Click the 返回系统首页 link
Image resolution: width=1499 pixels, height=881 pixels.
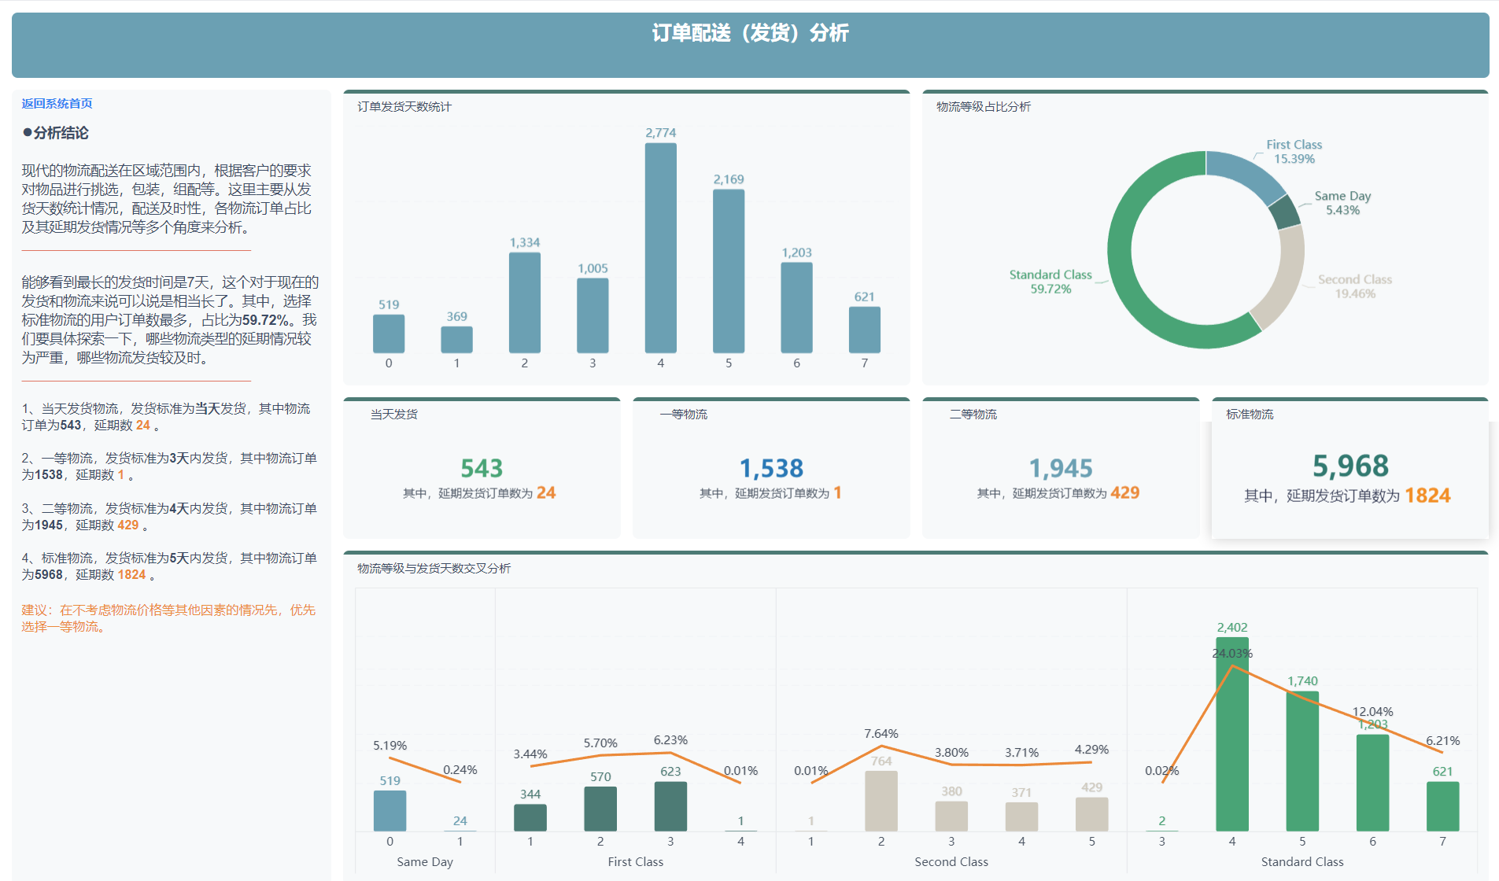pos(57,104)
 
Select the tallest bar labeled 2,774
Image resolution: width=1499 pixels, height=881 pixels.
pos(660,248)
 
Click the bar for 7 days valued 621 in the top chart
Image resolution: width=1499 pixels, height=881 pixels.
pos(864,330)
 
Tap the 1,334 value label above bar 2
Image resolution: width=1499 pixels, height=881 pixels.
pos(524,242)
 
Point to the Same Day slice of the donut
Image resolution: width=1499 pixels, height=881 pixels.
pos(1284,211)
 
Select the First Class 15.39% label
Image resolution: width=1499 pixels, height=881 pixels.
pos(1294,152)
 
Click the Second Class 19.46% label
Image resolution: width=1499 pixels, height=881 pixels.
pos(1354,286)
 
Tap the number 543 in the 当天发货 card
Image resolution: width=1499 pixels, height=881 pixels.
pos(482,468)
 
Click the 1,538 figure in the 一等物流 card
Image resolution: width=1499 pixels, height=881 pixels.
pos(771,468)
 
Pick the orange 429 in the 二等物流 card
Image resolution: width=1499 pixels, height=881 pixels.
pos(1124,492)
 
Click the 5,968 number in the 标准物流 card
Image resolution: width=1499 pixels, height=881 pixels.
pos(1350,466)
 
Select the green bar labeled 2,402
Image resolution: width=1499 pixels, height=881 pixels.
pos(1231,735)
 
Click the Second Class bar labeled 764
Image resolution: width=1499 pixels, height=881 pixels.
pos(881,801)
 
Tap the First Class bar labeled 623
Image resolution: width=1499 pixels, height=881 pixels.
pos(670,806)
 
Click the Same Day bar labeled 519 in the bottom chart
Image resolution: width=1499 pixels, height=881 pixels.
pos(390,811)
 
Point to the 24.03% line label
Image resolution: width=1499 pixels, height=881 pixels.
pos(1231,653)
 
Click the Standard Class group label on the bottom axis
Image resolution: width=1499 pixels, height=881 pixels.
pos(1302,862)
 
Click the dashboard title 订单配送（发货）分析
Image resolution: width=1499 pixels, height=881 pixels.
pos(750,33)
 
